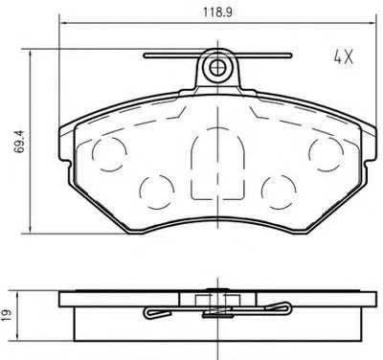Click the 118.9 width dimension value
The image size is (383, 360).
[x=218, y=12]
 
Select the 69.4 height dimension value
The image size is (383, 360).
[x=20, y=141]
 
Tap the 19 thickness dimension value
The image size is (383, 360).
[x=8, y=315]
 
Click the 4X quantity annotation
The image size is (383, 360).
[x=344, y=57]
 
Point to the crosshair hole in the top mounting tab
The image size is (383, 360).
[x=217, y=67]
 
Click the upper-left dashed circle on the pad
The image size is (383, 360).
[x=109, y=153]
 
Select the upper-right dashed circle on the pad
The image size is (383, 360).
[x=327, y=153]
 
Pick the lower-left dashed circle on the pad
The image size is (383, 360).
[x=157, y=191]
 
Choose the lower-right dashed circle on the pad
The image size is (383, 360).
[x=279, y=191]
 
